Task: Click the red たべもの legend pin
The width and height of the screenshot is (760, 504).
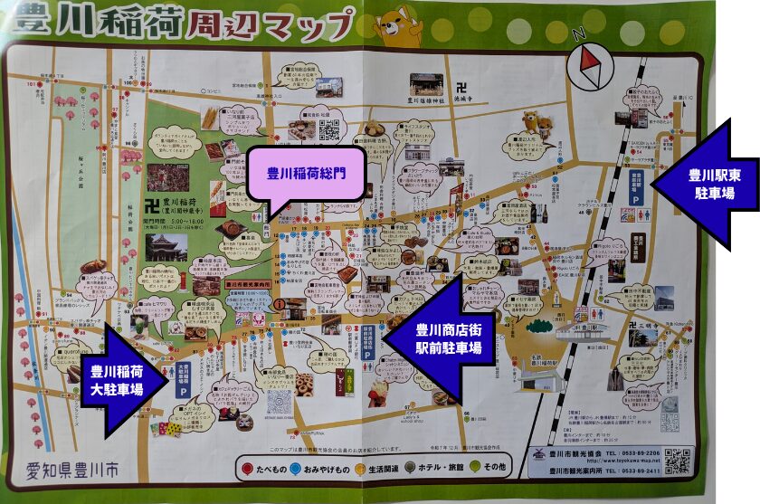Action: (x=247, y=467)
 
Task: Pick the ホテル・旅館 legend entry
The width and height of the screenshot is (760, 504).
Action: (x=438, y=467)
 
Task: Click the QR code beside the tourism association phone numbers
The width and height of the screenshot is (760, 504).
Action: (x=678, y=461)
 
